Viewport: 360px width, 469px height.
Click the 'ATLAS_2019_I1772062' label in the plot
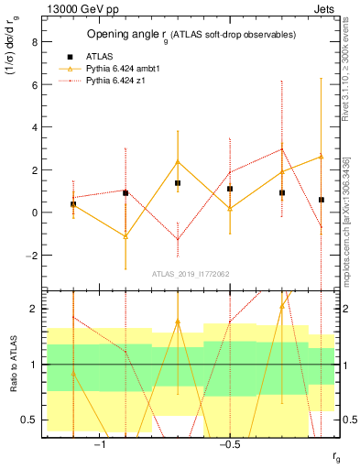190,274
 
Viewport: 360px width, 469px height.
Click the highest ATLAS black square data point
178,183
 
